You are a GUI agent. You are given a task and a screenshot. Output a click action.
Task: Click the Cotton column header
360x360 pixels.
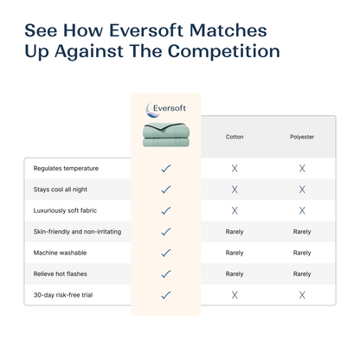[x=235, y=137]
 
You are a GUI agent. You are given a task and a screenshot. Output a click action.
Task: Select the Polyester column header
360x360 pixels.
[x=302, y=137]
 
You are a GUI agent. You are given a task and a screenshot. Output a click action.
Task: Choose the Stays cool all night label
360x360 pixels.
[x=61, y=189]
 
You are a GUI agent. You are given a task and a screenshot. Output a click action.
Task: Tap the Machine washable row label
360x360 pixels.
[x=60, y=253]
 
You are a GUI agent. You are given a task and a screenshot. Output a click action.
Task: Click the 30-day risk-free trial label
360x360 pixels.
[x=62, y=295]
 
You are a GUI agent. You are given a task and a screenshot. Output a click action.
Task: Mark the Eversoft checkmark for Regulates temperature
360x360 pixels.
[x=166, y=168]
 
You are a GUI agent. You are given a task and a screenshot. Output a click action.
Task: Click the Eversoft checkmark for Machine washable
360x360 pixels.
[x=166, y=253]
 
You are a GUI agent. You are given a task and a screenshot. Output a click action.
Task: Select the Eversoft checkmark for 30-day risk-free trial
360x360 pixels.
[x=166, y=295]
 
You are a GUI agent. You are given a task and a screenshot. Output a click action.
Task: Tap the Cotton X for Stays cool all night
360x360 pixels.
[x=235, y=189]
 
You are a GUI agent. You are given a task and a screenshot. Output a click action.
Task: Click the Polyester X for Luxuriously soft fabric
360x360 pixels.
[x=302, y=210]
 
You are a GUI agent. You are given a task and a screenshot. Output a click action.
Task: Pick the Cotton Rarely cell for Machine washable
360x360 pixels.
[x=235, y=253]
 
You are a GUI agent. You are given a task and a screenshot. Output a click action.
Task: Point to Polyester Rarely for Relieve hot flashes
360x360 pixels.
[x=302, y=273]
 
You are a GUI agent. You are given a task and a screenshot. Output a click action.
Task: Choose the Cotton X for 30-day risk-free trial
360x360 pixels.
[x=235, y=295]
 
